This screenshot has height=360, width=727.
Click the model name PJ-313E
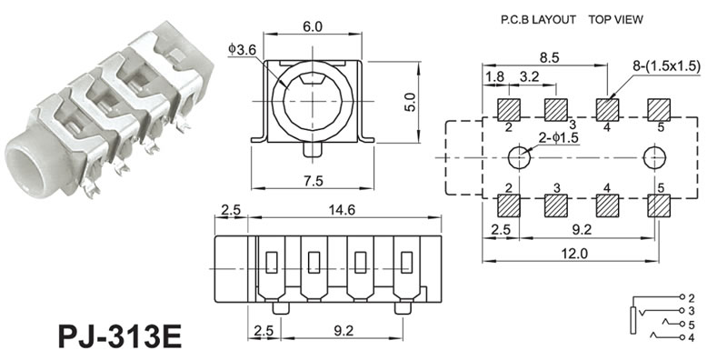(120, 335)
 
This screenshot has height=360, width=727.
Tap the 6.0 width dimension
(313, 27)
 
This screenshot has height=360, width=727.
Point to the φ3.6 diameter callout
(242, 49)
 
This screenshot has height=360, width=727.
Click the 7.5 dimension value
(313, 181)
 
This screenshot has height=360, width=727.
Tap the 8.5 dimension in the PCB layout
(549, 57)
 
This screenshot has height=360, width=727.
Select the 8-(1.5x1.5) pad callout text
(665, 65)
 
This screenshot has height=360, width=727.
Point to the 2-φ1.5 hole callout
(558, 138)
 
